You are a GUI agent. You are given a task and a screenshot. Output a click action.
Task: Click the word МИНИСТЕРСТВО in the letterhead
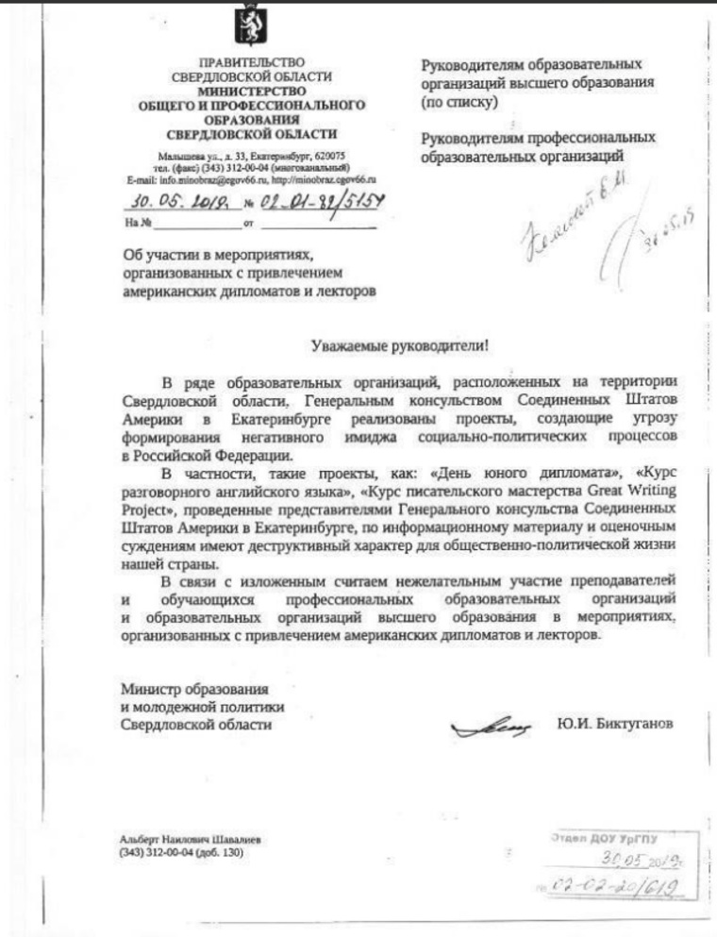pos(247,92)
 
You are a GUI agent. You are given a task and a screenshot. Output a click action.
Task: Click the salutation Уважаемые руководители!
pos(400,345)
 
